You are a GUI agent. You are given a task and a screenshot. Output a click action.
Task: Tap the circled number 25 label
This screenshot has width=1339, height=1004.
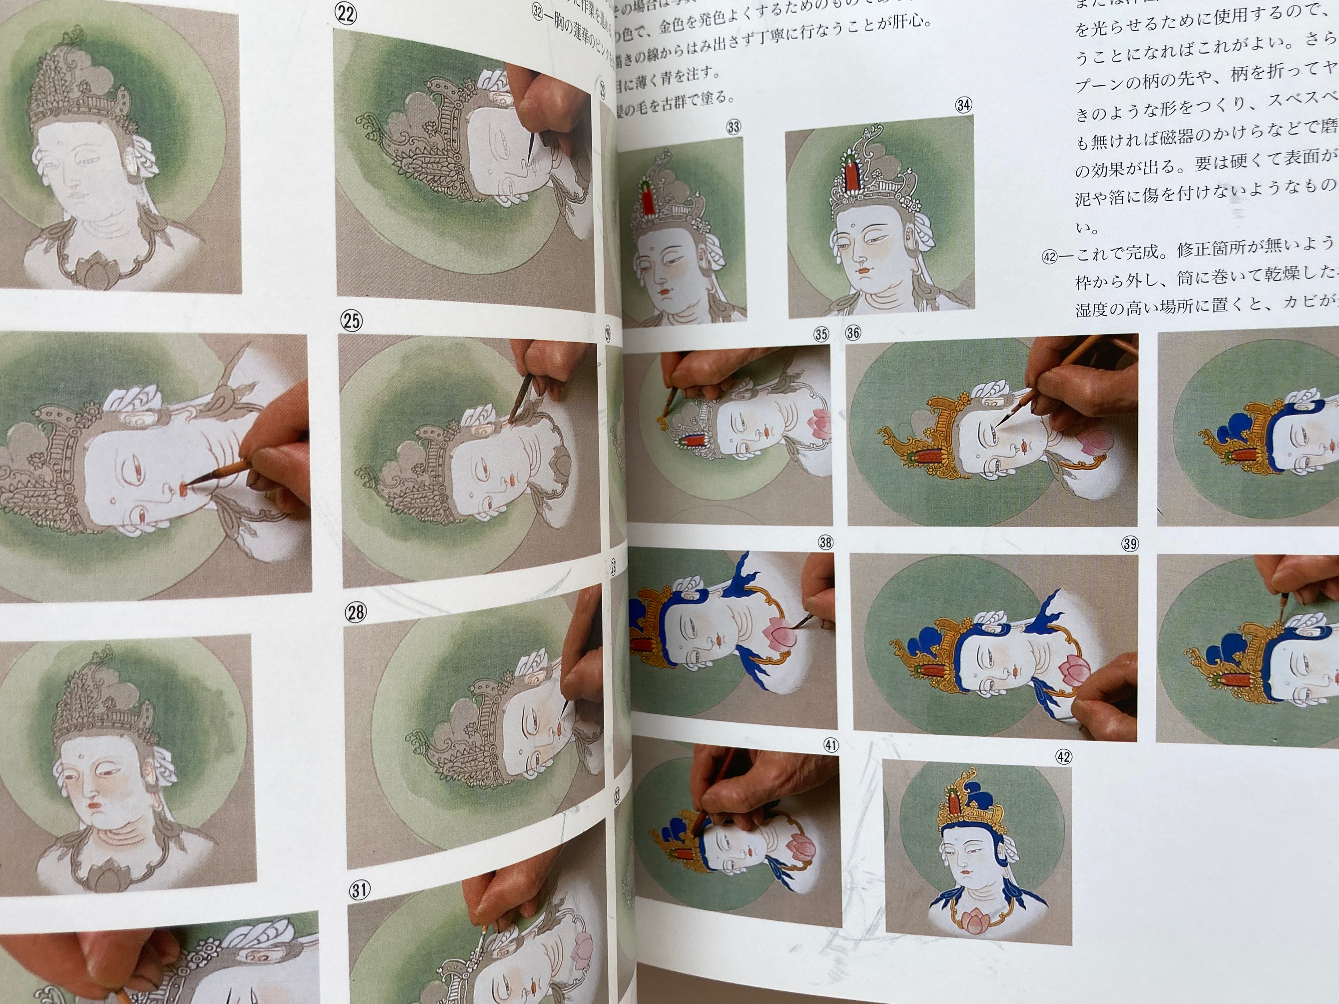tap(351, 320)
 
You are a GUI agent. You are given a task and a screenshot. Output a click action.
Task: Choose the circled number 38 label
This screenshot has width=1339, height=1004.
tap(825, 542)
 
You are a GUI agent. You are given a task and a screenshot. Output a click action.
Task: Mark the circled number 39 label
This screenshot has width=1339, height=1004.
tap(1129, 543)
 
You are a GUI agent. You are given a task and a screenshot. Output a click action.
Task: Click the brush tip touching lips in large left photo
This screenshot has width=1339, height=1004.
tap(187, 483)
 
